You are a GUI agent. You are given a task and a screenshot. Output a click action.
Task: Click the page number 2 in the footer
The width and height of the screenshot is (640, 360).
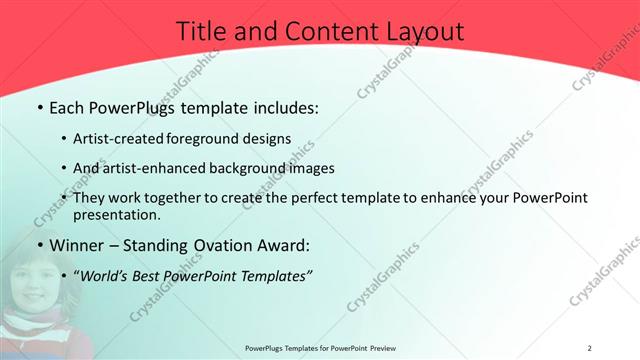[x=589, y=348]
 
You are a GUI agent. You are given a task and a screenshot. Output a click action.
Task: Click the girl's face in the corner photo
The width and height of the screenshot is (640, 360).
[x=30, y=280]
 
